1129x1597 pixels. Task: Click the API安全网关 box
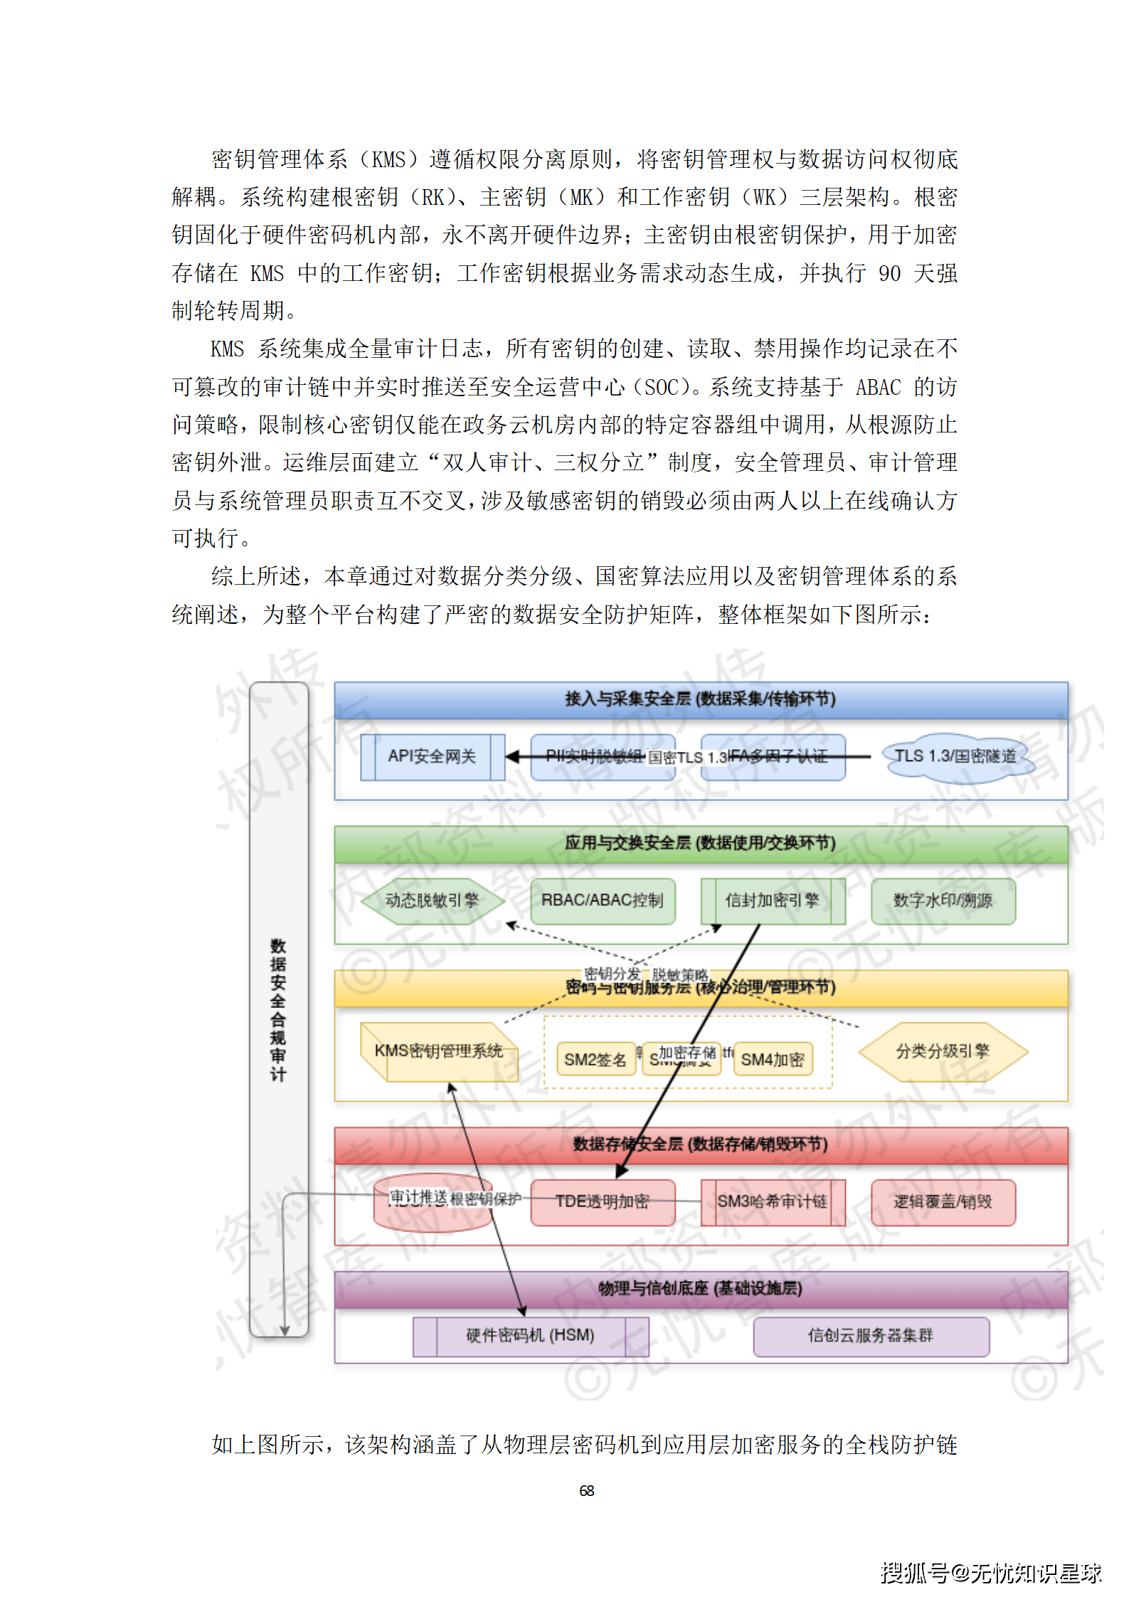[x=432, y=757]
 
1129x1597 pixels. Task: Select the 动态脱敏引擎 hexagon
[x=432, y=901]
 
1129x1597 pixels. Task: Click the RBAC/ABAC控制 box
[x=602, y=901]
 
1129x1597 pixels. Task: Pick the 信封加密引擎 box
[x=773, y=901]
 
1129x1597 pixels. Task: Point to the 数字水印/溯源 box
[x=943, y=901]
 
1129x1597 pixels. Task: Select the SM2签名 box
[x=595, y=1059]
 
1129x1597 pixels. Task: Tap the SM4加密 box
[x=773, y=1059]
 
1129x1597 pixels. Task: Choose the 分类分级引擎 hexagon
[x=943, y=1051]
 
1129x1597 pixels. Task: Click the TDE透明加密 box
[x=602, y=1201]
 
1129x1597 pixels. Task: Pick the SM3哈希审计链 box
[x=773, y=1201]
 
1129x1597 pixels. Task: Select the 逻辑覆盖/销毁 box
[x=943, y=1201]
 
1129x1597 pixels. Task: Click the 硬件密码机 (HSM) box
[x=530, y=1335]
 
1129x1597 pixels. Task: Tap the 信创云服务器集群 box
[x=870, y=1335]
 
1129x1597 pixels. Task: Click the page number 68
[x=586, y=1490]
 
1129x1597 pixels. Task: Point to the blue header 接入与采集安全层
[x=700, y=699]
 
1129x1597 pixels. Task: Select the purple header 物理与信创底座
[x=700, y=1288]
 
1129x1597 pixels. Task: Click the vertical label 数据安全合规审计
[x=278, y=1010]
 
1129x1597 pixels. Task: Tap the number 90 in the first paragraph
[x=889, y=273]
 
